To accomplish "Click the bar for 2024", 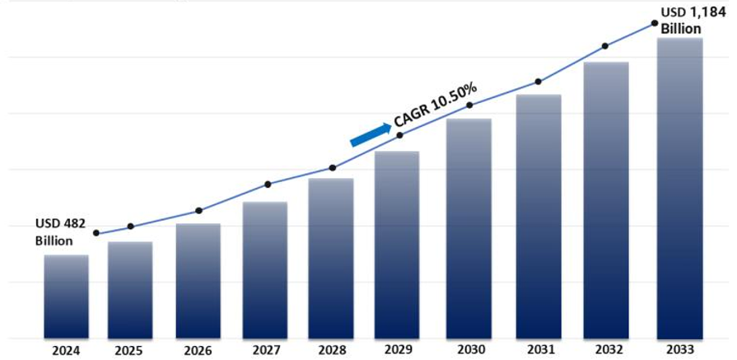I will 66,297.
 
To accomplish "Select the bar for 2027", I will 264,270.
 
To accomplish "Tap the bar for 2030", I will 469,228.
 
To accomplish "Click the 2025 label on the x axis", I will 128,350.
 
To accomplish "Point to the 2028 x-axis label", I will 331,350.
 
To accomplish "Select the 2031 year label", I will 538,350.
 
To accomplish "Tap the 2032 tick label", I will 606,350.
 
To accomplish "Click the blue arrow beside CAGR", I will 371,134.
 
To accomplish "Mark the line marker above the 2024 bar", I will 96,233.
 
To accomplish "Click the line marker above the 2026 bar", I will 198,211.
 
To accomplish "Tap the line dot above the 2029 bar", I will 399,134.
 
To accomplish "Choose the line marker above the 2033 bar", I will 655,23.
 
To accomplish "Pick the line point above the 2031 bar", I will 538,82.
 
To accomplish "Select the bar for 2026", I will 198,281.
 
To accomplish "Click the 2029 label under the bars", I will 397,350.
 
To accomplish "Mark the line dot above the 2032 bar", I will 605,46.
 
